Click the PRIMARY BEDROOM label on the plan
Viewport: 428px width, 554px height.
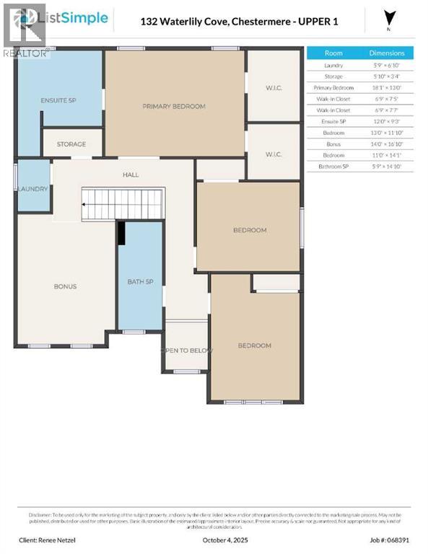[173, 106]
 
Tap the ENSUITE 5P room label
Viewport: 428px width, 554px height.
[58, 100]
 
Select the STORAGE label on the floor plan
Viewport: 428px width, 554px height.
[71, 144]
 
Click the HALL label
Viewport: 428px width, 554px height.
[131, 175]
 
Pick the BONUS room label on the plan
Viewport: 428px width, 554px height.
[65, 286]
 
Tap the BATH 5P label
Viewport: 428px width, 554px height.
[140, 281]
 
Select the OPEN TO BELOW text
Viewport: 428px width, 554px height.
[185, 351]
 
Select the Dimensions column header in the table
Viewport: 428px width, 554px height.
[387, 53]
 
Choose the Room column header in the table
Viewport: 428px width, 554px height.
[333, 53]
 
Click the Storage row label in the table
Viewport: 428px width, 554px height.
[333, 76]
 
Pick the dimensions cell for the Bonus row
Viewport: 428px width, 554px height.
[387, 144]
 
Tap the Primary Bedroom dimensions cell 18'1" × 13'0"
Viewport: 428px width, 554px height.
[387, 87]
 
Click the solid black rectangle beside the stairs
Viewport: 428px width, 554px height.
[122, 233]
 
